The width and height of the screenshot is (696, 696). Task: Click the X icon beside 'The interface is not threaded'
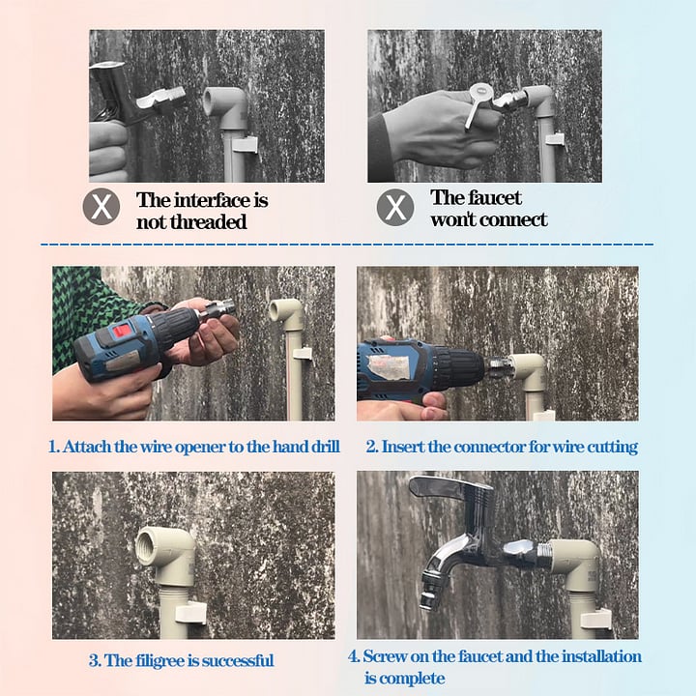pos(101,208)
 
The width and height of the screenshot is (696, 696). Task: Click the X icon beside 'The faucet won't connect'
pos(394,208)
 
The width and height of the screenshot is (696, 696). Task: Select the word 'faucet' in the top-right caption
pos(495,197)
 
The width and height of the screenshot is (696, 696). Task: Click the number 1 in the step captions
pos(53,448)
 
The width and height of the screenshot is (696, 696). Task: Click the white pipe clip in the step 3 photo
pos(191,611)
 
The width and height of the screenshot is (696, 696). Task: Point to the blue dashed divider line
pos(348,245)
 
